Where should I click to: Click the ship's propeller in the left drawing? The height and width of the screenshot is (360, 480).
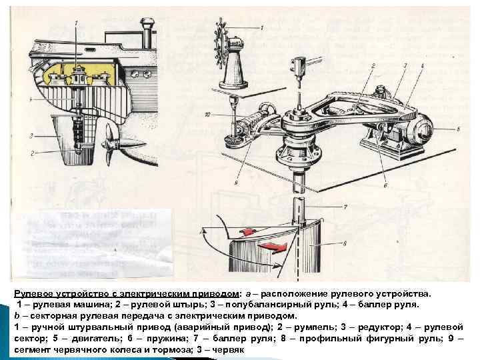point(112,144)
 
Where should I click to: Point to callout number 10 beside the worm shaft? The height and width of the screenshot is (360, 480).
point(209,115)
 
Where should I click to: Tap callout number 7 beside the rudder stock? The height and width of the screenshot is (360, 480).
point(345,207)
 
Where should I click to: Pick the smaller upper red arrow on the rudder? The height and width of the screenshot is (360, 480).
point(246,231)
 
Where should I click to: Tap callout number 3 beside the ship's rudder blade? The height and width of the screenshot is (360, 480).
point(31,135)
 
